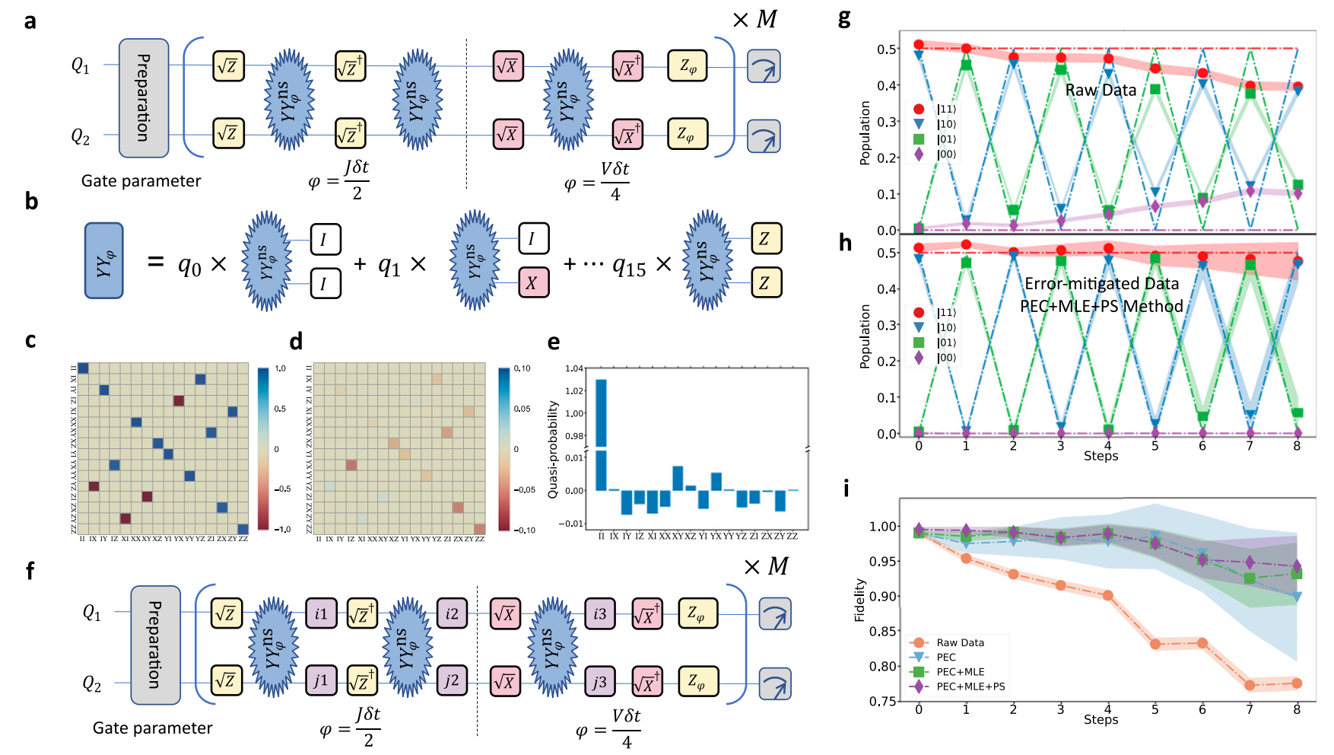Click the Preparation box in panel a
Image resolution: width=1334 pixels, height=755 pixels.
(x=144, y=98)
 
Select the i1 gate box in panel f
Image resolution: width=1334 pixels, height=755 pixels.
(x=321, y=613)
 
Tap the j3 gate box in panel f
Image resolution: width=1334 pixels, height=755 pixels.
(x=599, y=682)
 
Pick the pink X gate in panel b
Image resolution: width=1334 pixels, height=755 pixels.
(x=532, y=283)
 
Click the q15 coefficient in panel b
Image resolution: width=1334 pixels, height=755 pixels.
(x=629, y=265)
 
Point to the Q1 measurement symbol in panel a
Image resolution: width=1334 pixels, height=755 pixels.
(x=764, y=66)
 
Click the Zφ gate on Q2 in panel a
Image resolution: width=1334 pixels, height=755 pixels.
(x=688, y=134)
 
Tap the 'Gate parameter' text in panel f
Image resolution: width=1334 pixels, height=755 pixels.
(x=152, y=728)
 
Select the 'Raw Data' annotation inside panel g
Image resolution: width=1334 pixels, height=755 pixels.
(x=1101, y=90)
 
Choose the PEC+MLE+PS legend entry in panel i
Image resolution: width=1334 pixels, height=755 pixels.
(x=970, y=687)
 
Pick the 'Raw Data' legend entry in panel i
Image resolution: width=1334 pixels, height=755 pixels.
(x=960, y=642)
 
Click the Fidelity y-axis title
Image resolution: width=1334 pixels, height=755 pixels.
(x=860, y=600)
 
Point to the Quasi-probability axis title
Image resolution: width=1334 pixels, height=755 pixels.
(x=553, y=449)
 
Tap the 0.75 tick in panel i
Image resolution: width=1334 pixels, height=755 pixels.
(x=883, y=701)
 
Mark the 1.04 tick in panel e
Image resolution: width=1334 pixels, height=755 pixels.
(x=574, y=369)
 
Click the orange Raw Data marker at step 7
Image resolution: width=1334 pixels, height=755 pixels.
(x=1250, y=685)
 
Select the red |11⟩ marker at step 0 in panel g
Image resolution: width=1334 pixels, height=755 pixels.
(x=919, y=45)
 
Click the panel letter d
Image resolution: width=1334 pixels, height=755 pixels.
(x=296, y=340)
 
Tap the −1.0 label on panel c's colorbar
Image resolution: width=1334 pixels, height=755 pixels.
(x=281, y=529)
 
